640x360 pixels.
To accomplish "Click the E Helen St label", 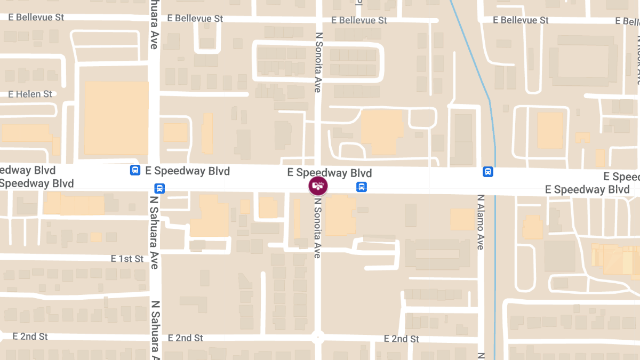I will pos(30,94).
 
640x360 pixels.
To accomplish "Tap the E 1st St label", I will pos(127,259).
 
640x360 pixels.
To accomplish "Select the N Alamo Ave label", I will pos(480,222).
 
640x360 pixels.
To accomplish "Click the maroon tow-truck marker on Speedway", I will pos(318,186).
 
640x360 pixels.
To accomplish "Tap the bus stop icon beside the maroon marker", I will pos(362,187).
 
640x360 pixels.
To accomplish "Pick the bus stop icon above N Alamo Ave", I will pos(487,172).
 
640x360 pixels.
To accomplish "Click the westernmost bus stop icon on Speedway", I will pos(135,171).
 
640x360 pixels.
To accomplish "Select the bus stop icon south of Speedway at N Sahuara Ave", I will pos(159,188).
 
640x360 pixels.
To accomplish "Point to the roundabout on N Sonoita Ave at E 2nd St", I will pos(318,337).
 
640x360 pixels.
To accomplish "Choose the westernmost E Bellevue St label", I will pos(36,17).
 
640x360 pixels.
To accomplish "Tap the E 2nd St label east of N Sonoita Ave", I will pos(402,339).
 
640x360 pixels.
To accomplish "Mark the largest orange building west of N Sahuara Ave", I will pos(116,118).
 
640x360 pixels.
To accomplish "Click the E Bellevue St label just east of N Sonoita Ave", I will pos(359,20).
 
